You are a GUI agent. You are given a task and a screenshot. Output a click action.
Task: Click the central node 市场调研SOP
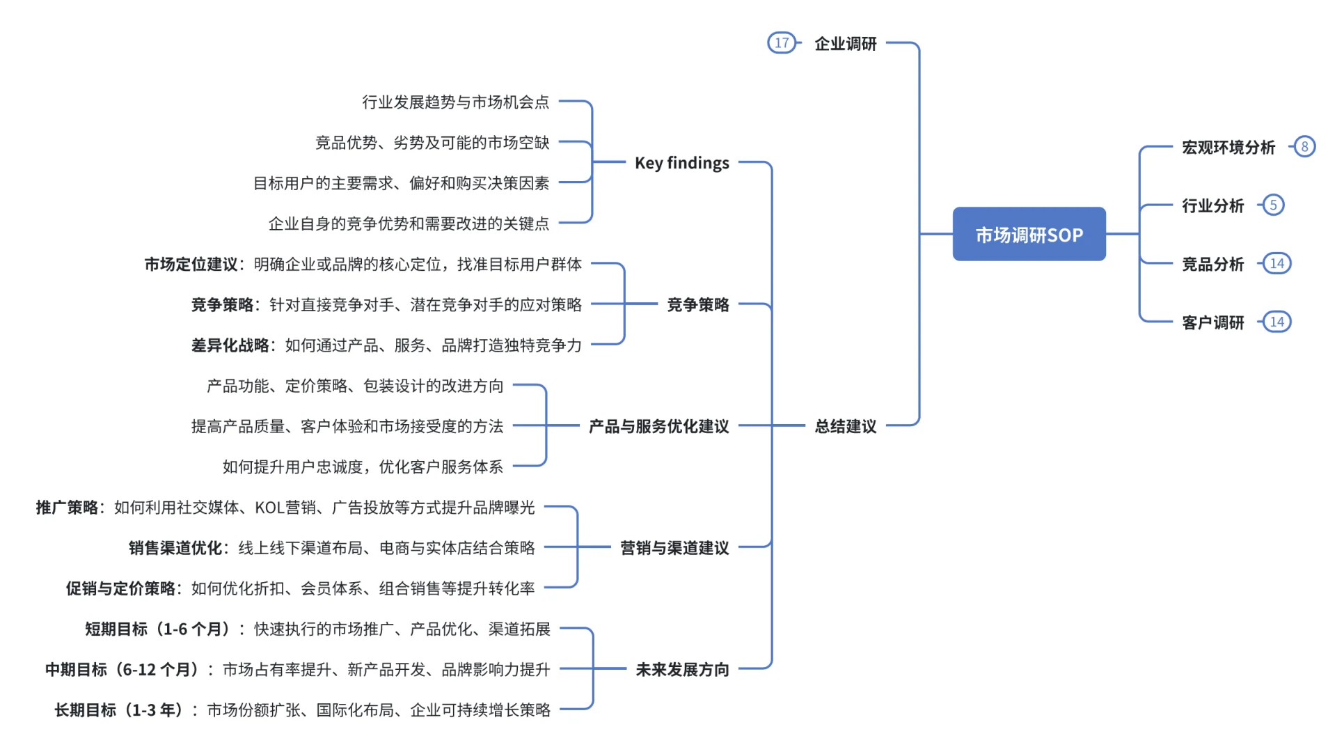[x=1029, y=235]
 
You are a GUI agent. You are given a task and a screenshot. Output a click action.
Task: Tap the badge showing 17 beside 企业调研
[x=781, y=43]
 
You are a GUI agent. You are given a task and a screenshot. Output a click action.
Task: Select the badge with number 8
[x=1304, y=147]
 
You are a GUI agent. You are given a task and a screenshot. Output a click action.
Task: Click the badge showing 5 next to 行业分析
[x=1273, y=205]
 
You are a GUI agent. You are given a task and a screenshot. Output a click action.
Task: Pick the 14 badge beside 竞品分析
[x=1276, y=264]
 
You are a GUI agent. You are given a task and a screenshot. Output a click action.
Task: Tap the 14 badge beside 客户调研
[x=1276, y=322]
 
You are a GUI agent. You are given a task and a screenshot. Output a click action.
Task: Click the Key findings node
[x=681, y=163]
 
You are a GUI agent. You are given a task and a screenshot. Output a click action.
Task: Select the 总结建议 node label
[x=846, y=426]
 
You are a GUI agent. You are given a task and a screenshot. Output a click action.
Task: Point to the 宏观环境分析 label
[x=1228, y=148]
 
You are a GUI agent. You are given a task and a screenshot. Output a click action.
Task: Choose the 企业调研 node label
[x=846, y=44]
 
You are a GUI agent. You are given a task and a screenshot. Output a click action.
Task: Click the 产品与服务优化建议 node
[x=658, y=426]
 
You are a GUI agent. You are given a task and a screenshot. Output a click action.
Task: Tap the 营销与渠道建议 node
[x=674, y=548]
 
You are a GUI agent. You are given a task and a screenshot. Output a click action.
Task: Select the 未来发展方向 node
[x=682, y=670]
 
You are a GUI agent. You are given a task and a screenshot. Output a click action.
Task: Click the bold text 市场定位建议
[x=191, y=265]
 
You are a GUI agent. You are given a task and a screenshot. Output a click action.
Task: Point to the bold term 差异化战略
[x=230, y=345]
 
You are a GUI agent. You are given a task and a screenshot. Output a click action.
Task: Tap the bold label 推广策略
[x=68, y=508]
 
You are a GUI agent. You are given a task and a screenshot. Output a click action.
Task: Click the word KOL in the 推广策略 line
[x=269, y=508]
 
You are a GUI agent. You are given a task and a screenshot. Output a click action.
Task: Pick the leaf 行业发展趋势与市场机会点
[x=455, y=102]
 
